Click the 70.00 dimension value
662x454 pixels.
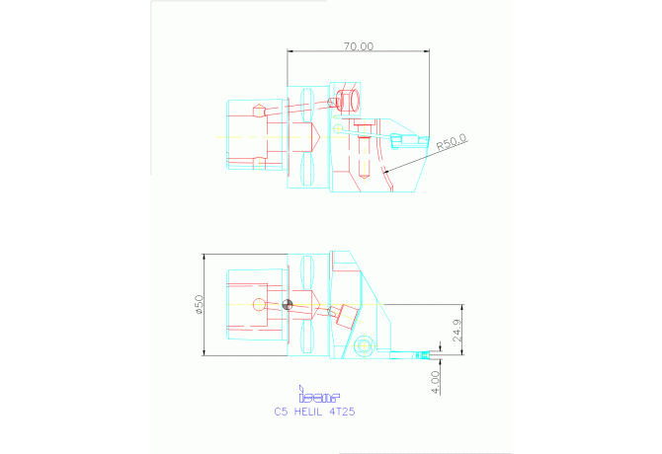point(359,45)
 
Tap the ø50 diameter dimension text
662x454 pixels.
point(198,305)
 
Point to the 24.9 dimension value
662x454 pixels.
point(455,330)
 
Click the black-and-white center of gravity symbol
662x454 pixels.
point(288,304)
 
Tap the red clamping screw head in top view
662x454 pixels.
point(347,100)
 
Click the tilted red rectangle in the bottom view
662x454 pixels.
point(344,316)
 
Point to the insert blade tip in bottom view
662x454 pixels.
point(429,353)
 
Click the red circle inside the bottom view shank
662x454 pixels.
point(259,304)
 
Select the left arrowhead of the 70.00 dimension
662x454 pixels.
point(290,51)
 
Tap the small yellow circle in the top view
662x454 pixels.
point(337,129)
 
